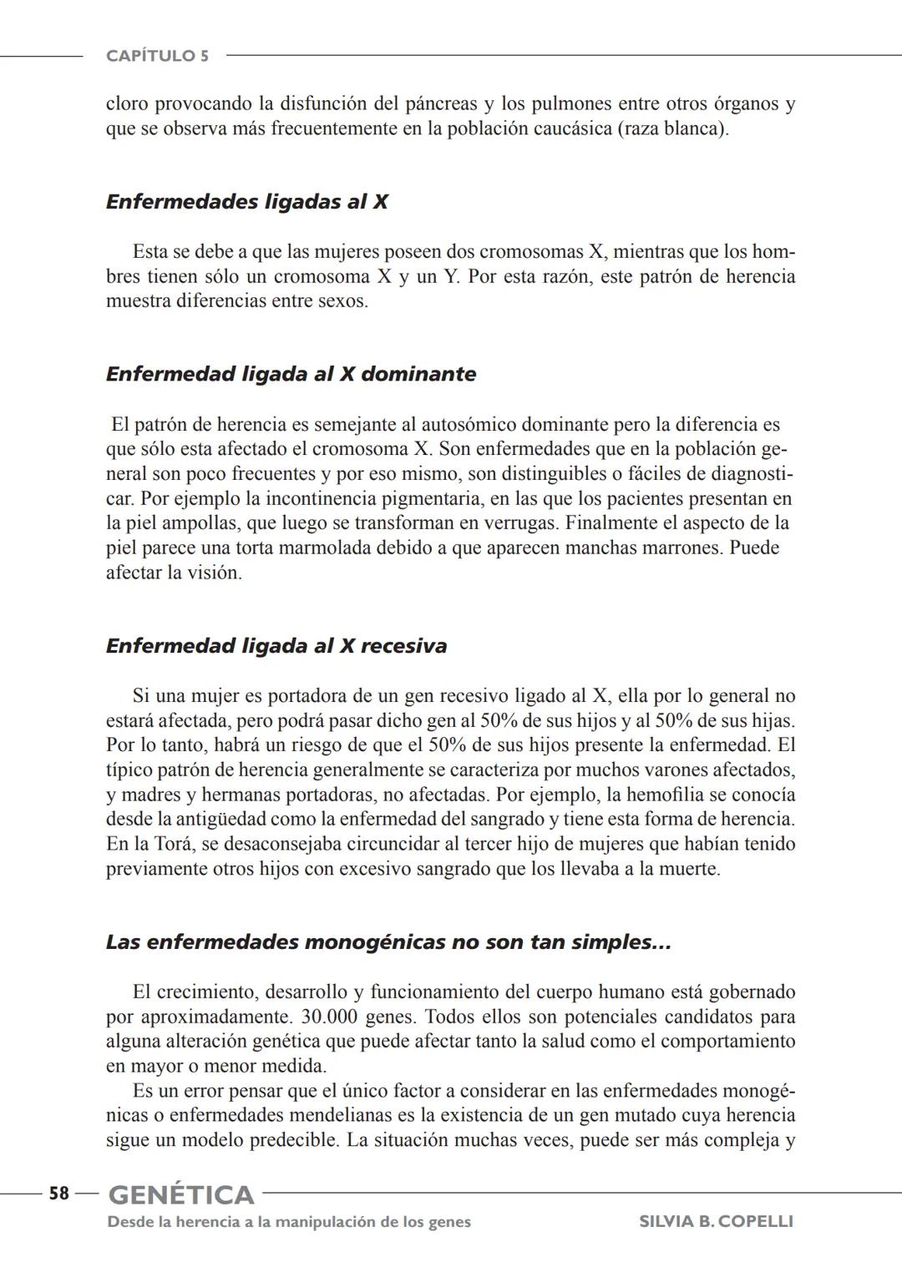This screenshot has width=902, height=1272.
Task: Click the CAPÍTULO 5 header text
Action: pyautogui.click(x=157, y=56)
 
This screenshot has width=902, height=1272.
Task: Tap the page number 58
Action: pyautogui.click(x=58, y=1194)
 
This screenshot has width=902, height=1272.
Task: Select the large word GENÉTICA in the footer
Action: pyautogui.click(x=181, y=1195)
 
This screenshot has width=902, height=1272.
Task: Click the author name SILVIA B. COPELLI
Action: pyautogui.click(x=716, y=1222)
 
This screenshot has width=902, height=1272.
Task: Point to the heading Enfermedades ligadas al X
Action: pyautogui.click(x=246, y=202)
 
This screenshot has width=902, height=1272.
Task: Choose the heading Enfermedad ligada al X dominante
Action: pyautogui.click(x=291, y=374)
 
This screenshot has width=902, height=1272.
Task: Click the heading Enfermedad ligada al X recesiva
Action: pyautogui.click(x=276, y=646)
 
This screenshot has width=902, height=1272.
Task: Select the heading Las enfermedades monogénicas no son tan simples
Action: pyautogui.click(x=388, y=942)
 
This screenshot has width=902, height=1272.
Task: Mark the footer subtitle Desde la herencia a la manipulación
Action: pyautogui.click(x=289, y=1222)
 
